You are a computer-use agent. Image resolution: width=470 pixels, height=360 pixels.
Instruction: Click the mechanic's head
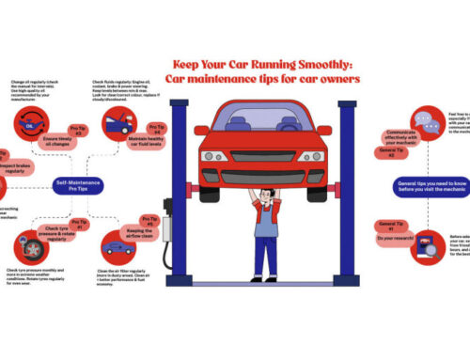[x=266, y=197]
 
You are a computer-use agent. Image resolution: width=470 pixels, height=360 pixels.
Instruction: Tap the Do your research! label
[x=385, y=237]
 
